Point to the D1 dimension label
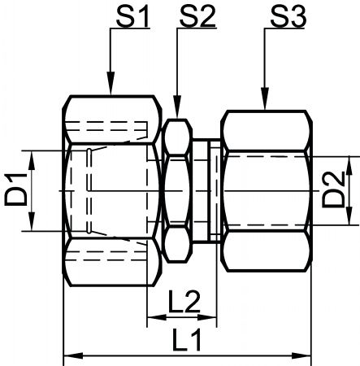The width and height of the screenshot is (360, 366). tap(16, 190)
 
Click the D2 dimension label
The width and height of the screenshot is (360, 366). tap(333, 190)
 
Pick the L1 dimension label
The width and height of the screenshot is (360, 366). tap(186, 339)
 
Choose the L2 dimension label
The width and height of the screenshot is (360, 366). tap(184, 301)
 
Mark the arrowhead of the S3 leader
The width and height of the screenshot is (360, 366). tap(265, 98)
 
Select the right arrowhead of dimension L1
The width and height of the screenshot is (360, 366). tap(301, 355)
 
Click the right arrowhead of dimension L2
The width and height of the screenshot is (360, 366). tap(207, 317)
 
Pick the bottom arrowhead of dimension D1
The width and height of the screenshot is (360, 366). tap(32, 221)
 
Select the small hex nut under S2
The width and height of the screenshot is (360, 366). tap(177, 190)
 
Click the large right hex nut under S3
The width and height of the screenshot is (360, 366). tap(267, 190)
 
